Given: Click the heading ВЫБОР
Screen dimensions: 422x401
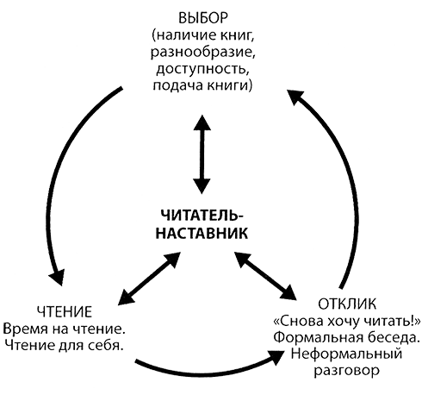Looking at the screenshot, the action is tap(203, 18).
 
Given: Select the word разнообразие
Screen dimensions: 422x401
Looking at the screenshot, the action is tap(203, 53).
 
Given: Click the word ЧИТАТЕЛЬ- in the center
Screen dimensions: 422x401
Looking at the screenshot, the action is tap(202, 216).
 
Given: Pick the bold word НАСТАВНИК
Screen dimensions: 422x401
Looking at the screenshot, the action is tap(202, 233).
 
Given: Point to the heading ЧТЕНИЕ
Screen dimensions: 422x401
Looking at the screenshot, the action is tap(65, 311).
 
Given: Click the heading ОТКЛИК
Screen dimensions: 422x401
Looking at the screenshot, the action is tap(347, 304).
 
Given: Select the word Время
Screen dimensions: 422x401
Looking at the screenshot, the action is tap(25, 329).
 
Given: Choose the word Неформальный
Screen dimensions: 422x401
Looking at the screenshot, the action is tap(346, 354).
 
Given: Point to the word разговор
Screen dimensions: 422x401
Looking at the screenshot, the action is tap(346, 371).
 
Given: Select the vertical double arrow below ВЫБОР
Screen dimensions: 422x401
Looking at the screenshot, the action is tap(202, 154).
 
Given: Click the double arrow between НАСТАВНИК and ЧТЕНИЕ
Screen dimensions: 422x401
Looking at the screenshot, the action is tap(149, 279).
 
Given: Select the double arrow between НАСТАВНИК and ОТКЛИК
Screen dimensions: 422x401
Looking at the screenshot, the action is tap(265, 276).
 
